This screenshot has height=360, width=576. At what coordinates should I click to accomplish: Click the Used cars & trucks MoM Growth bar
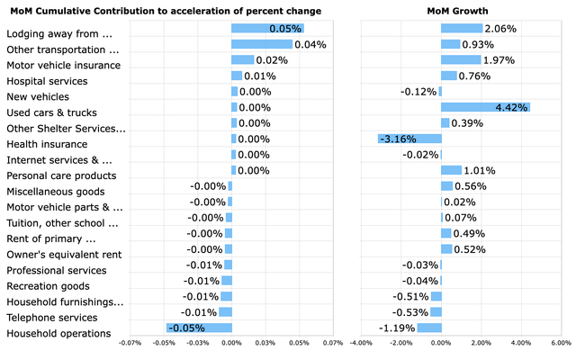pyautogui.click(x=485, y=107)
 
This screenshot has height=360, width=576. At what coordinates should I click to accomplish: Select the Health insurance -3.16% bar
pyautogui.click(x=409, y=139)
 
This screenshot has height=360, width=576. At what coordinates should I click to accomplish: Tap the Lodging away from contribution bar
pyautogui.click(x=267, y=29)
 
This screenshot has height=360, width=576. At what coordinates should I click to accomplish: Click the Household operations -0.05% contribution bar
pyautogui.click(x=199, y=328)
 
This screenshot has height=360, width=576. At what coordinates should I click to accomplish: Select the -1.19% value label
pyautogui.click(x=395, y=328)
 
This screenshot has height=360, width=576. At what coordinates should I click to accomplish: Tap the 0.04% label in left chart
pyautogui.click(x=311, y=44)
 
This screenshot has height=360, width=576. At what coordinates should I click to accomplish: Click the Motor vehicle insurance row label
pyautogui.click(x=63, y=65)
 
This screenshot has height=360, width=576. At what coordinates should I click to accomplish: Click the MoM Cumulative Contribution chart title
pyautogui.click(x=165, y=10)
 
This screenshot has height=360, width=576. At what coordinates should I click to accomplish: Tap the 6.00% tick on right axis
pyautogui.click(x=561, y=343)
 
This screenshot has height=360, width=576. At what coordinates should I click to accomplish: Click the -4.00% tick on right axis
pyautogui.click(x=361, y=343)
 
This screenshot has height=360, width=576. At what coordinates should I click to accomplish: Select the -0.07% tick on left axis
pyautogui.click(x=130, y=343)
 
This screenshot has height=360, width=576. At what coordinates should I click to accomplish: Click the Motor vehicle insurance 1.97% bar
pyautogui.click(x=461, y=60)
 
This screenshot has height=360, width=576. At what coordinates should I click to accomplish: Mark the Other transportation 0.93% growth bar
pyautogui.click(x=450, y=44)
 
